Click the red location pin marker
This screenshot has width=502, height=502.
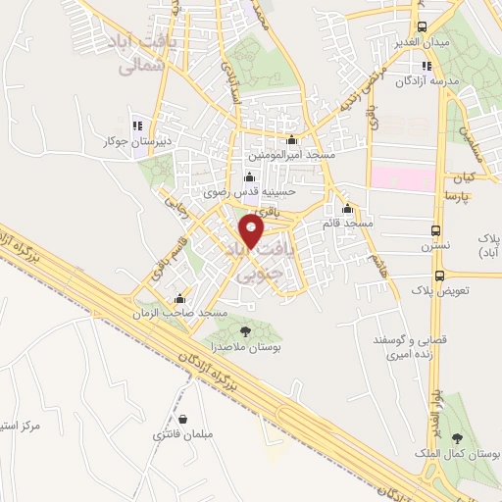coord(252,231)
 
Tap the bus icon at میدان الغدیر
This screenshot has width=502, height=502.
coord(423,26)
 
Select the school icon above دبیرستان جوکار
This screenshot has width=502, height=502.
coord(137,125)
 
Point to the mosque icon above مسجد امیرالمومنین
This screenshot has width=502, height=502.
coord(291,140)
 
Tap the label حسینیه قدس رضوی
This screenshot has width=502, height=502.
coord(247,193)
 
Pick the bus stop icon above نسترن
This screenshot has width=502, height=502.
coord(436,231)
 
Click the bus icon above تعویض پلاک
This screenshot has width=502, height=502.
coord(438,276)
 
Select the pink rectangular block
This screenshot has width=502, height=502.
coord(402,178)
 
